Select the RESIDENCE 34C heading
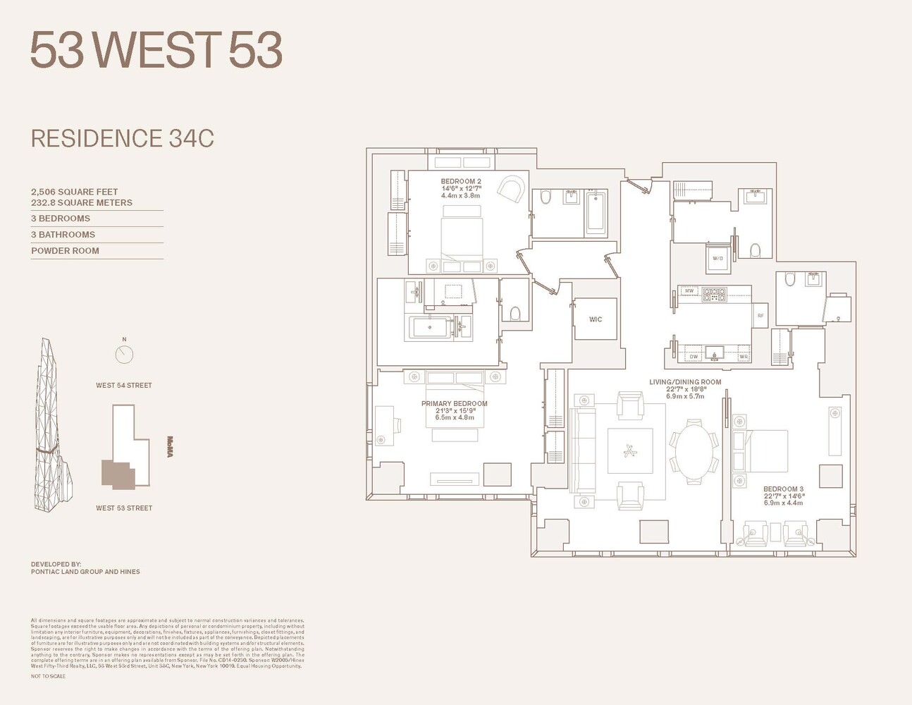122,138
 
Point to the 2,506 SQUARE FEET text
74,192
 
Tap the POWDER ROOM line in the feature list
65,251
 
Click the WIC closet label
596,319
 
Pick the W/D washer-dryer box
717,259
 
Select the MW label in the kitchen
689,290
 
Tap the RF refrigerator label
760,316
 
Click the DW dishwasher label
694,357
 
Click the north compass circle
124,354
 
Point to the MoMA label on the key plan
170,446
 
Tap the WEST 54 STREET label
124,386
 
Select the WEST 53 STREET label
124,508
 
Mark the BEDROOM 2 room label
461,182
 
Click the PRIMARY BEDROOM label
454,404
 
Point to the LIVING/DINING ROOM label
685,382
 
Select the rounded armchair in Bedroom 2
511,188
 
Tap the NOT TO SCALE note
48,676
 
